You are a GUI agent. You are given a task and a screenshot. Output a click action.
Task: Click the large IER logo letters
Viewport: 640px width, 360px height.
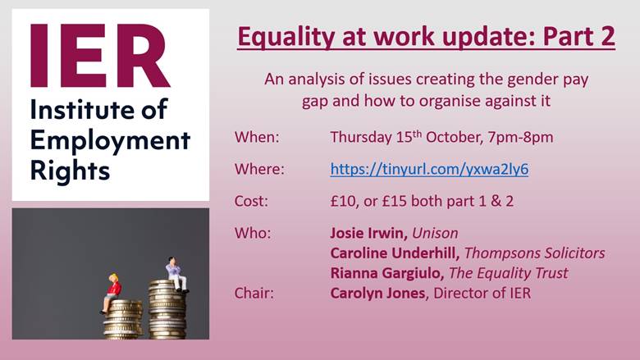point(100,56)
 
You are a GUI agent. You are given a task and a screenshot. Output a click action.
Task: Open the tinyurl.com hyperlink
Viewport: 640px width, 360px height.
point(429,169)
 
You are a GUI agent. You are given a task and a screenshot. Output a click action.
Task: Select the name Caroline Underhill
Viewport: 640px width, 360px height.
point(395,253)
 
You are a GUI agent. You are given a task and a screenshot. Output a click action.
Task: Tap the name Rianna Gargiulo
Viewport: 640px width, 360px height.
point(387,273)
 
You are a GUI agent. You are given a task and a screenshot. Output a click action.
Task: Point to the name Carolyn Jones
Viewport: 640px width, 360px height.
point(377,293)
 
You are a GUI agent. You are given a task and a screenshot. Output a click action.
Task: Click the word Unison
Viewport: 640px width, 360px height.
point(435,233)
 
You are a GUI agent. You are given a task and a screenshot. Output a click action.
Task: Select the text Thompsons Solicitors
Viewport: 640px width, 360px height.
point(535,253)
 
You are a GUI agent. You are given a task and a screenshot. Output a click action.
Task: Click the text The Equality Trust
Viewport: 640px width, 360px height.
point(509,273)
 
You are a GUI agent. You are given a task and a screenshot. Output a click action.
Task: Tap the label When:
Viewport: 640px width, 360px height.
point(257,137)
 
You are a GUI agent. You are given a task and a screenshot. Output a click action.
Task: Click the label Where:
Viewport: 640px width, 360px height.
point(259,169)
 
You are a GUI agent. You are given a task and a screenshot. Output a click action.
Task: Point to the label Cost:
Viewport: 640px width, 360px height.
point(251,201)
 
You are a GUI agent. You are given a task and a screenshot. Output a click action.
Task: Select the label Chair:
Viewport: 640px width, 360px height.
point(254,293)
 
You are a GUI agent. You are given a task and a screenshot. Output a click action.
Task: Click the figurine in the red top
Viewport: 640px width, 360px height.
point(112,293)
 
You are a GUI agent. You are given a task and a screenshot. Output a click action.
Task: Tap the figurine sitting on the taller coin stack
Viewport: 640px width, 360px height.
point(176,275)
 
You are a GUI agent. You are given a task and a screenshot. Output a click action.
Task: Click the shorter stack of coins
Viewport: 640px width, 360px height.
point(122,319)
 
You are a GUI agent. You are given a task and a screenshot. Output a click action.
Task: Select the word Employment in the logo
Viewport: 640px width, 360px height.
point(110,141)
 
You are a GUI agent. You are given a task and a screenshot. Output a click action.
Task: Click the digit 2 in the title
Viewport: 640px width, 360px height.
point(608,36)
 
